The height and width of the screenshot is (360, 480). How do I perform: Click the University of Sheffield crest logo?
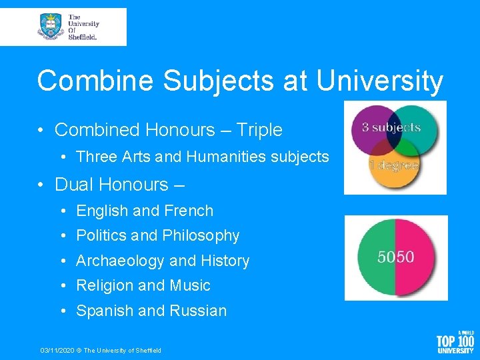click(x=50, y=27)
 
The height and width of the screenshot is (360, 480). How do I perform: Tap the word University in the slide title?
click(x=380, y=81)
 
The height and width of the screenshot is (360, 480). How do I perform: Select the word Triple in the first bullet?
click(x=259, y=129)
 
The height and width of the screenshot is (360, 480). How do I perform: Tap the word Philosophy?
click(x=200, y=235)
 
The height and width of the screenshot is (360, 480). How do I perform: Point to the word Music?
click(x=189, y=285)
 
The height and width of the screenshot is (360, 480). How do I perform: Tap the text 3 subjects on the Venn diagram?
click(x=391, y=127)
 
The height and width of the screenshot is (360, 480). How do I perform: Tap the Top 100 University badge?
click(x=455, y=341)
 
